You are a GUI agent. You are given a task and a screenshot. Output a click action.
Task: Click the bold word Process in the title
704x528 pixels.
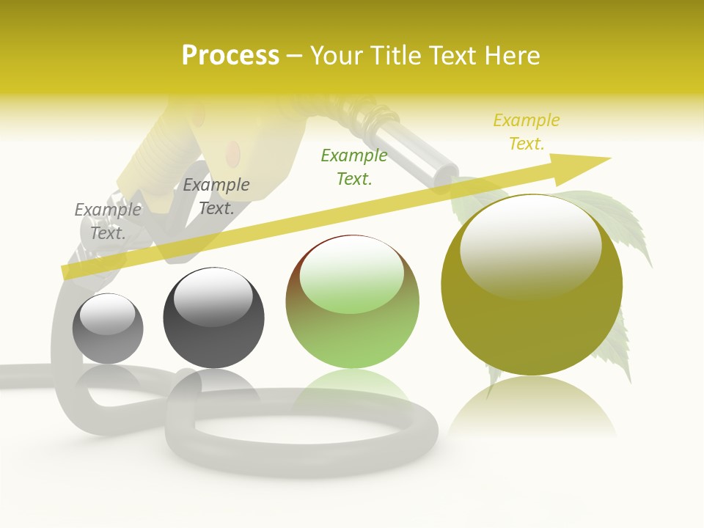pos(230,56)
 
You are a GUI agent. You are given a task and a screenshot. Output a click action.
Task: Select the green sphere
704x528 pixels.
pos(352,323)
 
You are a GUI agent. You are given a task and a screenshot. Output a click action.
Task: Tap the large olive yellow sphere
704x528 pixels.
pos(532,308)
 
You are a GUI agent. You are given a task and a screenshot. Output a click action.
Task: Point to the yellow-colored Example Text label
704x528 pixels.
pos(527,132)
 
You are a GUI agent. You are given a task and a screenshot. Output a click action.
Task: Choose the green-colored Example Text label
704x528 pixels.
pos(354,166)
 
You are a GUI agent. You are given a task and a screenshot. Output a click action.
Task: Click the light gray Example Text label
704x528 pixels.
pos(108,221)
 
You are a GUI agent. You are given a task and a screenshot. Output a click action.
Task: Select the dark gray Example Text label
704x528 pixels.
pos(216,197)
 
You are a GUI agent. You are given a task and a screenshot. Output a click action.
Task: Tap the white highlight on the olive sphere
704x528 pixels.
pos(530,246)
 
